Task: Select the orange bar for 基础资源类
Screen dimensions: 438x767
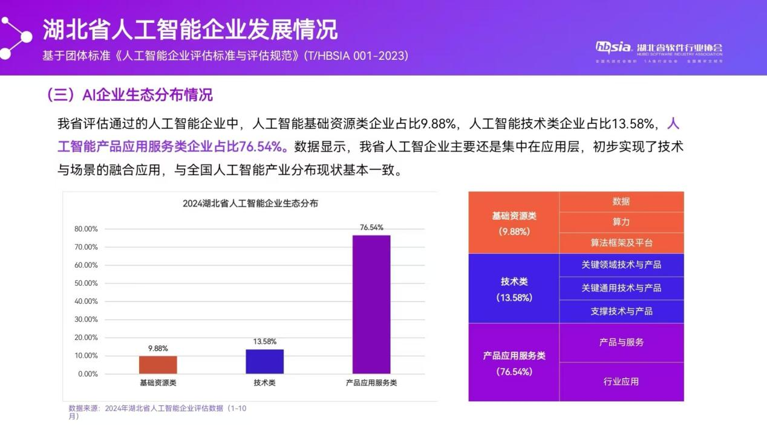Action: click(x=158, y=365)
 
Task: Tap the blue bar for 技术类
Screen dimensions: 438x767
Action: click(x=264, y=361)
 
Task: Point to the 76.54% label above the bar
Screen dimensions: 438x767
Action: click(x=371, y=227)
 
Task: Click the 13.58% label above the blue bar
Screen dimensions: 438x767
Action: click(x=264, y=342)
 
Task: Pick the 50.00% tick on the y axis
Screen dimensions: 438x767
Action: click(x=86, y=283)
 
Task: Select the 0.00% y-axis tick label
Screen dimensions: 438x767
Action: click(x=88, y=374)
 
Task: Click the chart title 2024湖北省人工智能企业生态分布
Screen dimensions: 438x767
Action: click(x=250, y=204)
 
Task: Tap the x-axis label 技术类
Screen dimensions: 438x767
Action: click(x=264, y=383)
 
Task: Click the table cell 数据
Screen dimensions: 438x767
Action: click(x=621, y=201)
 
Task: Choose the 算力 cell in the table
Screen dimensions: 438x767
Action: click(x=621, y=222)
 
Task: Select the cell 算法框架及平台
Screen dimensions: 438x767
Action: click(x=621, y=243)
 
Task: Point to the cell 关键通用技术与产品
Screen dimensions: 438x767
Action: click(x=621, y=288)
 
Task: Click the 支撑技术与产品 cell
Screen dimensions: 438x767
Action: click(x=621, y=311)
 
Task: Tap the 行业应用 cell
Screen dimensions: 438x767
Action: click(x=621, y=381)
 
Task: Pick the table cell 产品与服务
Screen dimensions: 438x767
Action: click(x=621, y=342)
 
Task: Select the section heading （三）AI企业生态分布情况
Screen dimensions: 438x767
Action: click(x=129, y=95)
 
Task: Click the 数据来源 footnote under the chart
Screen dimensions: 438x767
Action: click(x=157, y=412)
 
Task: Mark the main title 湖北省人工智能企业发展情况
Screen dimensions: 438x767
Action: click(x=190, y=28)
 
